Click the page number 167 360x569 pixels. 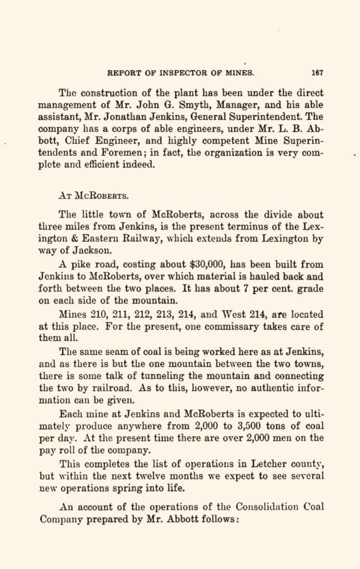tap(317, 72)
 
